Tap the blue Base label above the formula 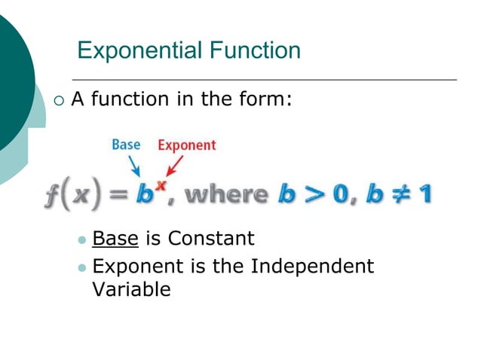pos(126,144)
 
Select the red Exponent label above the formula pos(186,145)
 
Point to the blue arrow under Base pos(135,165)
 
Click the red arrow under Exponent pos(175,165)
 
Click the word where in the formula pos(226,194)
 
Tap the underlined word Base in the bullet pos(115,239)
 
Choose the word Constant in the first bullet pos(211,239)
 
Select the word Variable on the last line pos(131,289)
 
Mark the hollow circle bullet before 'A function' pos(60,99)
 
